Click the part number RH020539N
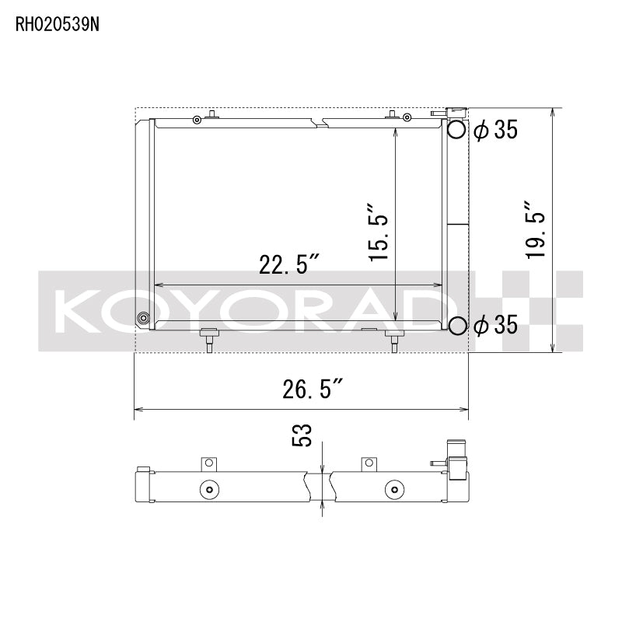point(58,23)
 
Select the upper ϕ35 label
point(494,131)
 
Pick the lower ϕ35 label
point(494,326)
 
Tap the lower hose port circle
point(457,326)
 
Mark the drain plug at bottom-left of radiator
point(143,318)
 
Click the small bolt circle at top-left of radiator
point(197,119)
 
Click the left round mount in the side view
point(207,490)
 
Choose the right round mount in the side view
point(393,490)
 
